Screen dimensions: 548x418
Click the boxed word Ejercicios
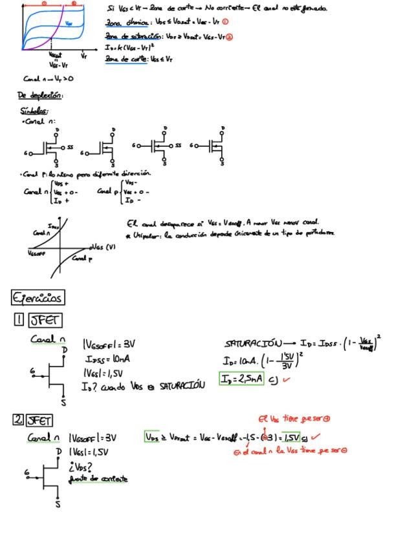(38, 298)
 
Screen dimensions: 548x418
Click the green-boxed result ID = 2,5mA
(241, 379)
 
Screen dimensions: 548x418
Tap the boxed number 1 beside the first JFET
(19, 319)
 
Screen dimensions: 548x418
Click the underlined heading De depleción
(39, 96)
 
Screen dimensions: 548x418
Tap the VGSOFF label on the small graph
(38, 254)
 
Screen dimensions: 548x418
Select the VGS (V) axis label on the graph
(102, 247)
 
